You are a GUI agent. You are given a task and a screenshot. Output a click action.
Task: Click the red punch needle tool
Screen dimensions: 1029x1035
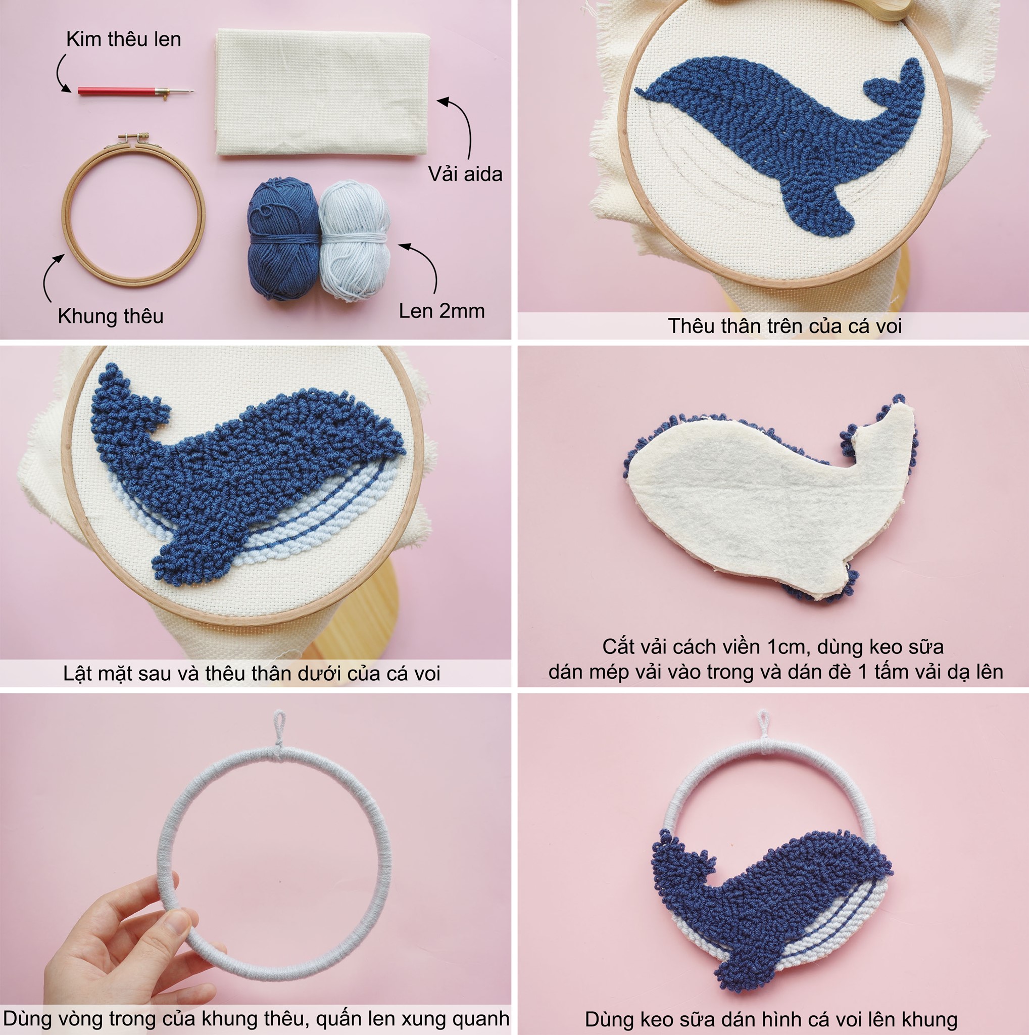(x=135, y=91)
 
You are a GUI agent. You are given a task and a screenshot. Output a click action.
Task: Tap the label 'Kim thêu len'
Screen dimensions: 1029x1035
(x=124, y=39)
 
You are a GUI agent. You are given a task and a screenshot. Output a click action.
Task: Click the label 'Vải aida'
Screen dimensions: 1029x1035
(x=465, y=174)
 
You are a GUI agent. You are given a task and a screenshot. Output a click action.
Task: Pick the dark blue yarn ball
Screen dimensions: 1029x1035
(x=283, y=239)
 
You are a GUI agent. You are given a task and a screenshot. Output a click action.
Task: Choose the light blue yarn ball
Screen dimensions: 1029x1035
(x=355, y=240)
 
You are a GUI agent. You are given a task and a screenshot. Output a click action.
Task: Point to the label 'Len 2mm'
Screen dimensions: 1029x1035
(x=442, y=311)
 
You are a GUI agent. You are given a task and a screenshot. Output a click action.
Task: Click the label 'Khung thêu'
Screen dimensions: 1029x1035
(x=110, y=316)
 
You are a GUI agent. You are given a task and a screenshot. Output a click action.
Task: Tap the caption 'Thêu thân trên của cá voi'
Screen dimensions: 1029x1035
(x=785, y=326)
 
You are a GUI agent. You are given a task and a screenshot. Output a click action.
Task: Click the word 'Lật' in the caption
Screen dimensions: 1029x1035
(x=77, y=673)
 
